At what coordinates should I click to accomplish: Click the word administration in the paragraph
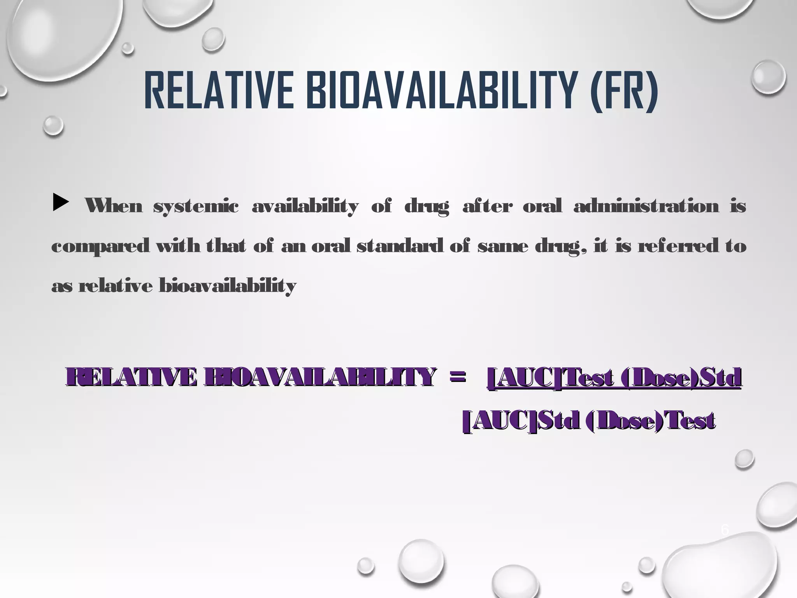646,206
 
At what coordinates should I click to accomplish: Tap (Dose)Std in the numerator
679,378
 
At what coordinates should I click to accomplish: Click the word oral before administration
542,206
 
